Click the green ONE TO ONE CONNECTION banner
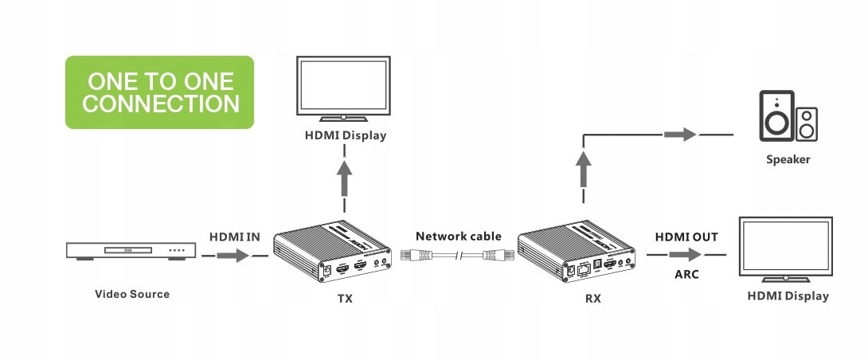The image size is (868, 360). pyautogui.click(x=159, y=92)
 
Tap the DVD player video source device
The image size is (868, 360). pyautogui.click(x=131, y=252)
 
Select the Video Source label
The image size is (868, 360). pyautogui.click(x=132, y=294)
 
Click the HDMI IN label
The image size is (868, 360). pyautogui.click(x=235, y=237)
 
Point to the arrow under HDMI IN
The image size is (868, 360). pyautogui.click(x=233, y=256)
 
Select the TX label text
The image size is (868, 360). pyautogui.click(x=344, y=299)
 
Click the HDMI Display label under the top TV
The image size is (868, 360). pyautogui.click(x=346, y=135)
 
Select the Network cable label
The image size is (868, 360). pyautogui.click(x=459, y=236)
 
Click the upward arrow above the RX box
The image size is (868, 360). pyautogui.click(x=584, y=171)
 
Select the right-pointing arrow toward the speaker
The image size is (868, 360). pyautogui.click(x=680, y=134)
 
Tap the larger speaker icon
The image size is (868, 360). pyautogui.click(x=776, y=116)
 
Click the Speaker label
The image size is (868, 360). pyautogui.click(x=788, y=159)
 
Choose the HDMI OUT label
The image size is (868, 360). pyautogui.click(x=686, y=237)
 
